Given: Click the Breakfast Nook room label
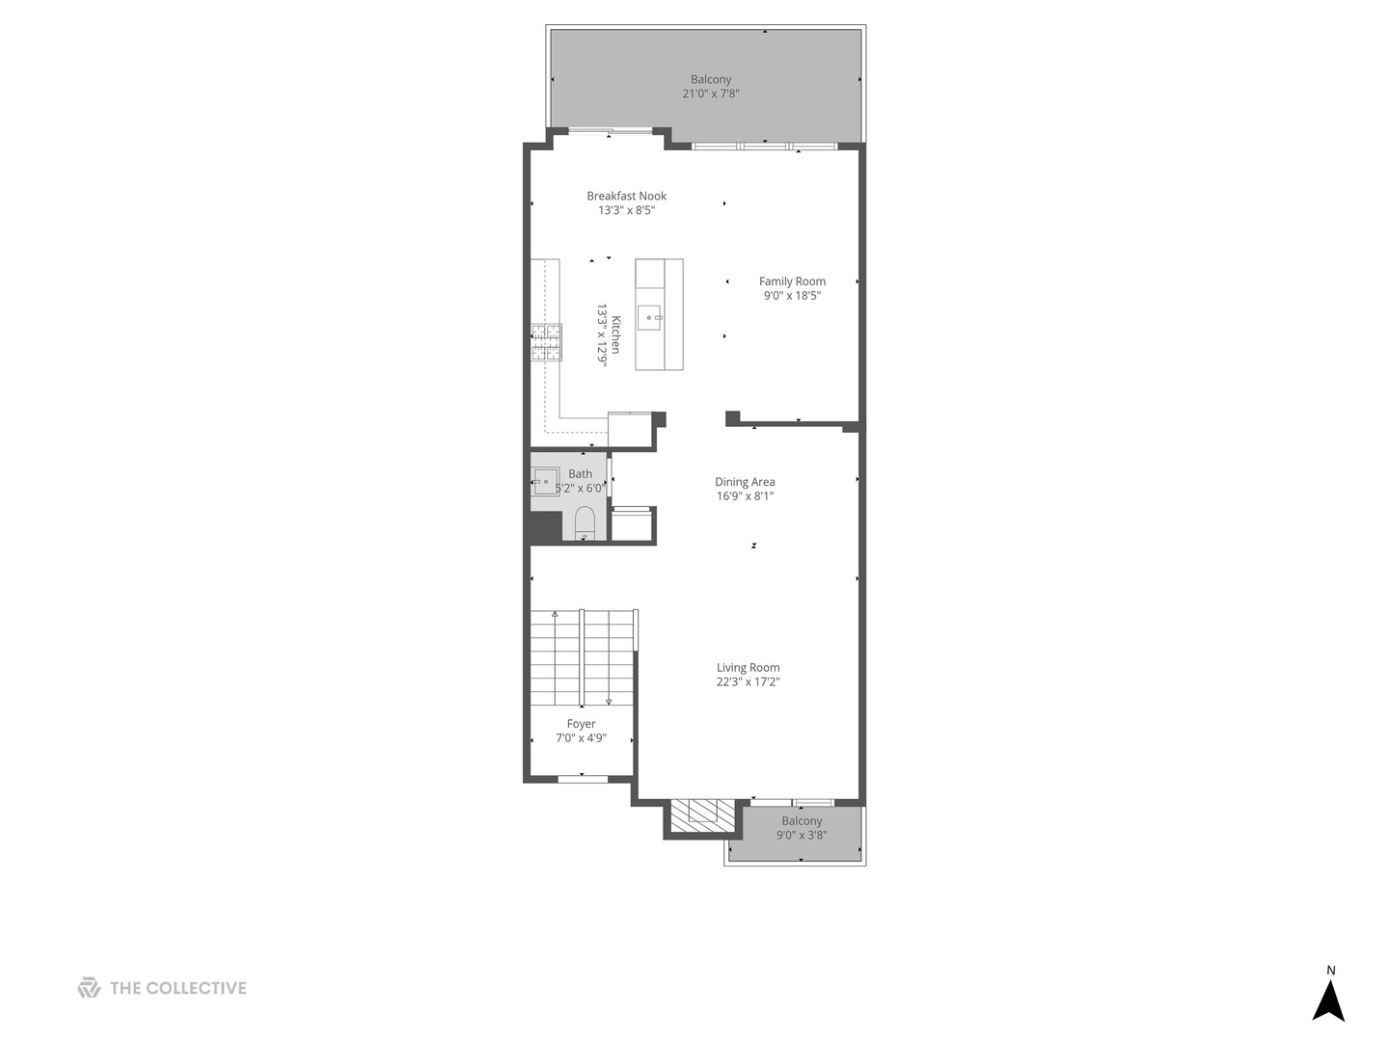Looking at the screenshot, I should (626, 196).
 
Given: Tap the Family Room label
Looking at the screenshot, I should (792, 281).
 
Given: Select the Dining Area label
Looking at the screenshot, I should (745, 482).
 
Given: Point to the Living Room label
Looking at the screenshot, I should (748, 667).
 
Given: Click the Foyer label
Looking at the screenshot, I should (581, 724).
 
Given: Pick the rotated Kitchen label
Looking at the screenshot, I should (615, 334).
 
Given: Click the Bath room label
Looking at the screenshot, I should (580, 473).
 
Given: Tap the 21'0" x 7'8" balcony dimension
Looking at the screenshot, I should (711, 93).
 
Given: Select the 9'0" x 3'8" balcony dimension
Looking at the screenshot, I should (802, 836).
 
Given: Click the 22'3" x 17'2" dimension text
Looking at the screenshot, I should (748, 681).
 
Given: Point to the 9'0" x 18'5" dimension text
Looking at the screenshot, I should (792, 296).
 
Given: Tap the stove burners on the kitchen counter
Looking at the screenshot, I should (546, 342).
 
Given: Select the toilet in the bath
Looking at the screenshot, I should (585, 524).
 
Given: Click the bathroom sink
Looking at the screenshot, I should (545, 481).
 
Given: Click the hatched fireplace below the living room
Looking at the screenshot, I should (701, 815).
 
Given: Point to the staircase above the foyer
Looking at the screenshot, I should (582, 657).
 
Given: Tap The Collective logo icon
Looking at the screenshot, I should (89, 988).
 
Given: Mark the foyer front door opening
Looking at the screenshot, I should (583, 778).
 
